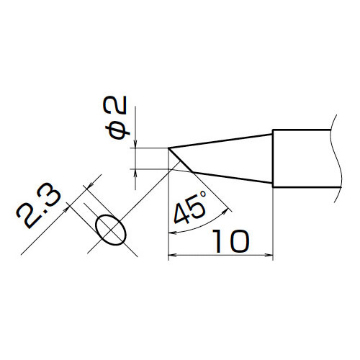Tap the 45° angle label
click(x=190, y=207)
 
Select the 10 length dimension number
click(x=230, y=241)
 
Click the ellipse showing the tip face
click(x=111, y=230)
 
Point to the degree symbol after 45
click(x=203, y=194)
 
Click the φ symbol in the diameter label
click(x=117, y=132)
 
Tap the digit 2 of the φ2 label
click(x=114, y=104)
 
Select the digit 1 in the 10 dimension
click(x=217, y=241)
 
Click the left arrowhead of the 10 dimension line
click(x=172, y=255)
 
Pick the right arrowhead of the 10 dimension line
click(x=269, y=255)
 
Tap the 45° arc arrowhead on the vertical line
click(x=172, y=233)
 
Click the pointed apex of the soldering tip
click(x=168, y=148)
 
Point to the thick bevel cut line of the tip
click(x=180, y=160)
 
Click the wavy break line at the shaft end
click(x=336, y=158)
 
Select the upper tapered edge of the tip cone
click(x=220, y=141)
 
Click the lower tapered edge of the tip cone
click(x=233, y=178)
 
